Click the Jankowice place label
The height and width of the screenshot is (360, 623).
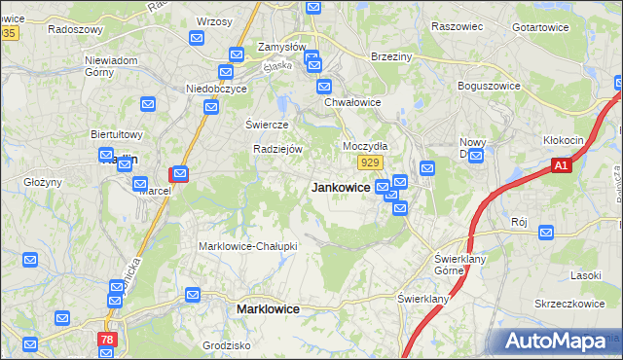point(340,188)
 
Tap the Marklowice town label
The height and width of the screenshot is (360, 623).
point(268,308)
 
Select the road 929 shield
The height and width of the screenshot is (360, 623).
point(368,162)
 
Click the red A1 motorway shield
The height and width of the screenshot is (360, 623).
point(560,166)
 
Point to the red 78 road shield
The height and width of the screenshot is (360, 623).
point(106,340)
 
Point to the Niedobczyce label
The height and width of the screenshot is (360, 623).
point(217,89)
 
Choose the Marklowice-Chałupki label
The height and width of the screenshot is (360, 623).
point(248,246)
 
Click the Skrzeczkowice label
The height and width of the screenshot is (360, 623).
point(570,304)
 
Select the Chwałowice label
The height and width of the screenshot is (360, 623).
point(351,101)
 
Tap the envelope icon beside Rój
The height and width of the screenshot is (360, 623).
point(546,233)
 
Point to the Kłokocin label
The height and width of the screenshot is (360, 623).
point(564,140)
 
